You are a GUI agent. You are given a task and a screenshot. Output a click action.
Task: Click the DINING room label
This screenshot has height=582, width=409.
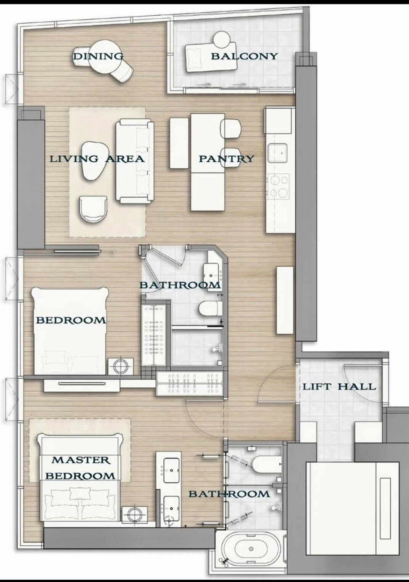click(98, 56)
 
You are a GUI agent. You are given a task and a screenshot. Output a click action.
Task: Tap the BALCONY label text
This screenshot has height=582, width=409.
click(244, 56)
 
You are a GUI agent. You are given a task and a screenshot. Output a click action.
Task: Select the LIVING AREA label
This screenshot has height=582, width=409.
click(97, 159)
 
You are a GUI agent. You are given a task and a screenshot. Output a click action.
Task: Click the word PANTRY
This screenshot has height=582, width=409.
click(226, 159)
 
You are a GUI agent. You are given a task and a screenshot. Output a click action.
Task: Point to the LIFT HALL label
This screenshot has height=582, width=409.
click(339, 387)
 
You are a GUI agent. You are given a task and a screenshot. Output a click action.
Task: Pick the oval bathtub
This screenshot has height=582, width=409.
click(250, 549)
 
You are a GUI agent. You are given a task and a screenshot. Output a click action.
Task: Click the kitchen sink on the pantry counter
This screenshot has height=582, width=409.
click(277, 153)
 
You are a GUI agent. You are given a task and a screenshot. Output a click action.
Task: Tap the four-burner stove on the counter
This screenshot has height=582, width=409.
click(278, 186)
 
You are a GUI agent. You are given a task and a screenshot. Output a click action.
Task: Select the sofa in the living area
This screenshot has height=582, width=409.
click(135, 161)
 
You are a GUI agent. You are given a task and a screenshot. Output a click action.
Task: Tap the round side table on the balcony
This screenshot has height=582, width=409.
click(222, 39)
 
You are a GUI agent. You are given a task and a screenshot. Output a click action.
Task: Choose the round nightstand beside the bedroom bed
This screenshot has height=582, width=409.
click(121, 367)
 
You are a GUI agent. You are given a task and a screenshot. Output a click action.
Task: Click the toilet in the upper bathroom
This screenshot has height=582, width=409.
click(209, 308)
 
